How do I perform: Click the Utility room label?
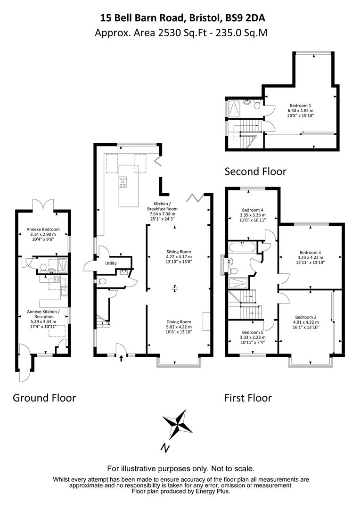click(111, 263)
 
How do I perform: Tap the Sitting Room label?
click(179, 252)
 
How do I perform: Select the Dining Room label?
click(179, 322)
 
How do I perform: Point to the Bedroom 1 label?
click(300, 106)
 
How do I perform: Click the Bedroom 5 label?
click(253, 332)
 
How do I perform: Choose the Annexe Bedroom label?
click(43, 230)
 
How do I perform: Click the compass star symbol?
click(178, 424)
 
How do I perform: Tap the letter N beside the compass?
click(165, 448)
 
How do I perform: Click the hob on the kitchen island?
click(123, 182)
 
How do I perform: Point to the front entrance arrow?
click(122, 358)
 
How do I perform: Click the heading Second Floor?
click(255, 172)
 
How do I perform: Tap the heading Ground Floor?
click(44, 398)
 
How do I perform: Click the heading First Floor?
click(248, 398)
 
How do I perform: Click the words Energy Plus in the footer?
click(213, 492)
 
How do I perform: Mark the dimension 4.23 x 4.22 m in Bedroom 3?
click(311, 258)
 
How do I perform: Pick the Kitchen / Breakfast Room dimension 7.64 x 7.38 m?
click(162, 214)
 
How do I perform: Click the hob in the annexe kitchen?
click(56, 278)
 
